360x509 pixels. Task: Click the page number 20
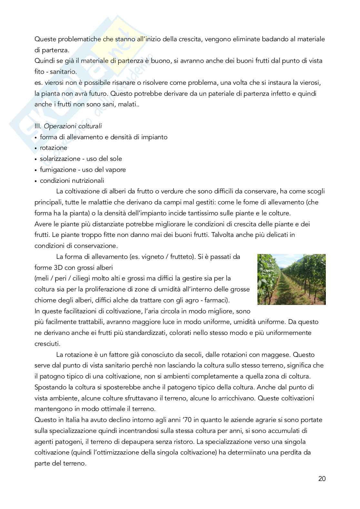322,478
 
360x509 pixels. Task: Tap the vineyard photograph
291,279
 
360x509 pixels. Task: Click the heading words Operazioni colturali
73,126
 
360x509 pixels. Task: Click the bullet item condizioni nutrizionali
72,181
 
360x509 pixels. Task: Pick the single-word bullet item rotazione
54,148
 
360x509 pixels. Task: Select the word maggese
277,355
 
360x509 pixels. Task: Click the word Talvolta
223,235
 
